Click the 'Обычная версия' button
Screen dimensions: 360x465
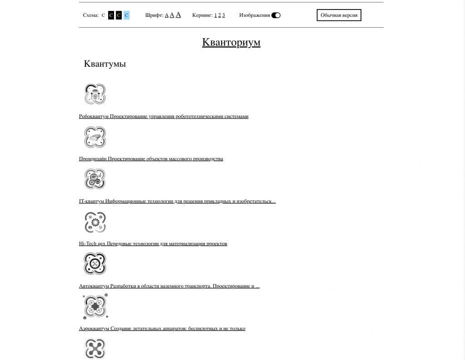(339, 15)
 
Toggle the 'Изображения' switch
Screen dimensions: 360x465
(276, 15)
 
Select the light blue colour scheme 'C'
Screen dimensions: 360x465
(126, 15)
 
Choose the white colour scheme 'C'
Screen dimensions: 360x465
(103, 15)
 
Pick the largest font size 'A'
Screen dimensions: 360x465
(178, 15)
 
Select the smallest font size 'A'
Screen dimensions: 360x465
(166, 15)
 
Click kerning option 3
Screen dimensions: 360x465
(223, 15)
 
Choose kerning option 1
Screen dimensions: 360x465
(215, 15)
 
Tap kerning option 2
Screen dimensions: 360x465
(219, 15)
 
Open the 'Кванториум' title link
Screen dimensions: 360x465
(231, 42)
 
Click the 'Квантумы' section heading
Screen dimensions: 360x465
(105, 64)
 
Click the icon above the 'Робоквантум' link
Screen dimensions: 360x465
(95, 94)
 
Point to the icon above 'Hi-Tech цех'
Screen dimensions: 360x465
(95, 222)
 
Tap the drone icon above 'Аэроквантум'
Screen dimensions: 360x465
(95, 306)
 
